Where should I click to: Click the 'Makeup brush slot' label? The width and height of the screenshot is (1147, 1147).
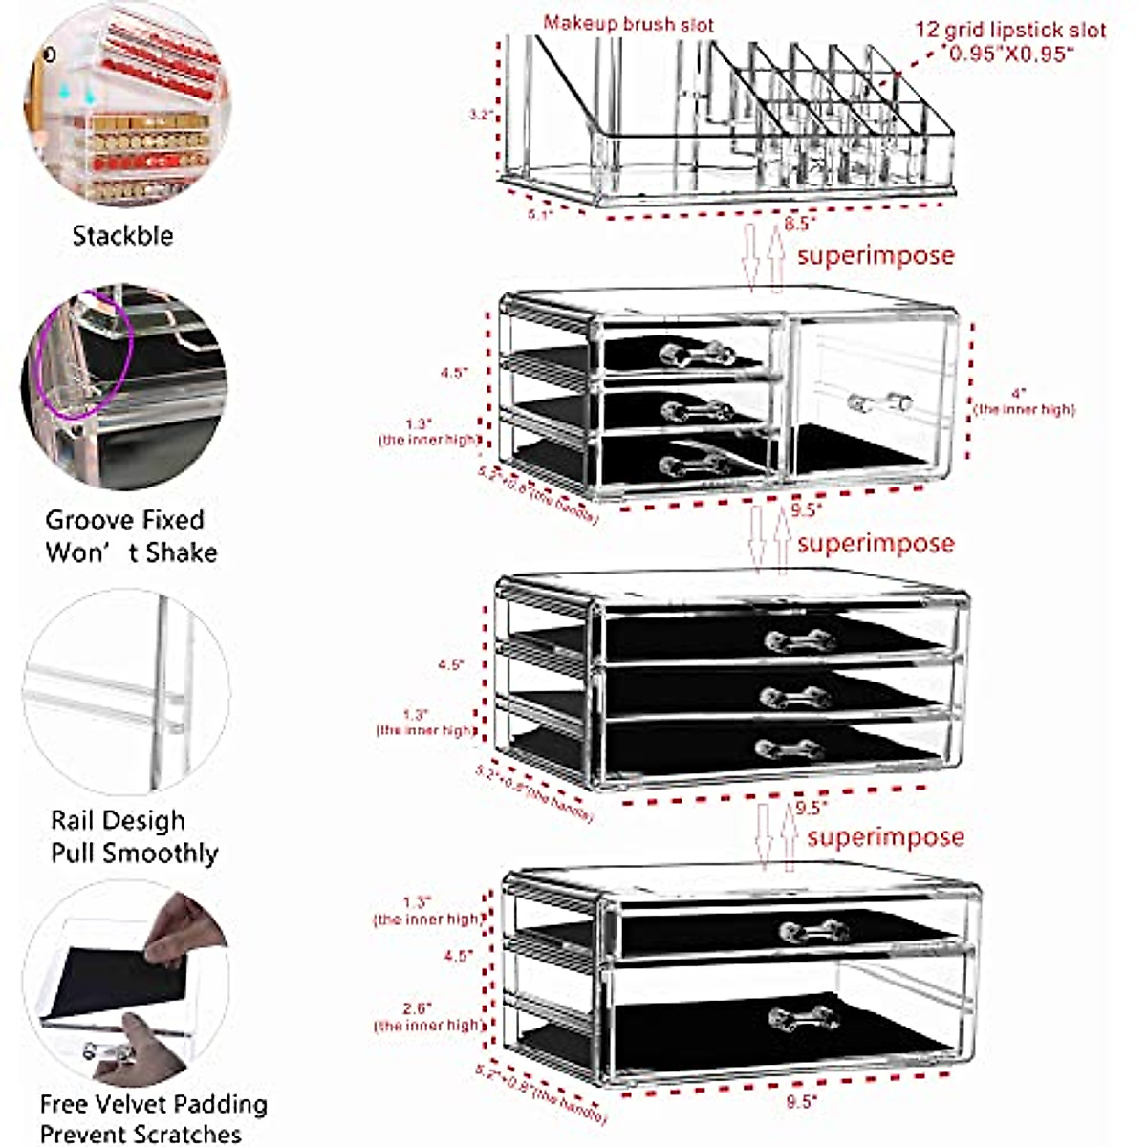coord(628,24)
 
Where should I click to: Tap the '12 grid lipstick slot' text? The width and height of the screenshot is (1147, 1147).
coord(1009,30)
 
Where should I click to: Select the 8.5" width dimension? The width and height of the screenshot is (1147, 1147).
coord(799,224)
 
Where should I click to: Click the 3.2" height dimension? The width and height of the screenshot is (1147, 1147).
coord(480,115)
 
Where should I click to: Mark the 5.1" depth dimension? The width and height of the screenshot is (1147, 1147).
coord(540,214)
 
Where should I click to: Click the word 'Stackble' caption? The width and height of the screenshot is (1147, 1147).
coord(123,236)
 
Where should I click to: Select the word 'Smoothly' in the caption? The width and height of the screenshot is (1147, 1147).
coord(162,854)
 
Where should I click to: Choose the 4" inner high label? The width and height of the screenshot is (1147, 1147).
coord(1023,401)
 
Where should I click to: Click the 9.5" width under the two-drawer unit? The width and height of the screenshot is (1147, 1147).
coord(801,1102)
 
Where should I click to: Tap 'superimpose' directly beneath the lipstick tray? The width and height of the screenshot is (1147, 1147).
coord(875,256)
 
